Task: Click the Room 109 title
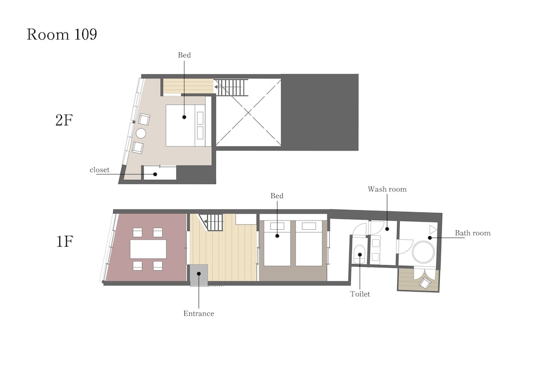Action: (62, 34)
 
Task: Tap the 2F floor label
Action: (64, 120)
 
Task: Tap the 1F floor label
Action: (65, 241)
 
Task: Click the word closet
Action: (100, 170)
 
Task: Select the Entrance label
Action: (199, 313)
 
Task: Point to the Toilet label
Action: (360, 294)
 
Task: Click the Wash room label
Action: (387, 189)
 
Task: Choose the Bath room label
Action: (473, 233)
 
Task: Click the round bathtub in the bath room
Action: (423, 252)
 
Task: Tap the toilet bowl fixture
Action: (360, 255)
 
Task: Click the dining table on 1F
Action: (148, 249)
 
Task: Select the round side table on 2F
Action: (141, 133)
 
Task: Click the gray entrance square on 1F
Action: (199, 275)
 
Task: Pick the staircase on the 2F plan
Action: (231, 87)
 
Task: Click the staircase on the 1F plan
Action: (212, 222)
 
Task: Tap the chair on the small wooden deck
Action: (425, 284)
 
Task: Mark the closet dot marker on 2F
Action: (156, 174)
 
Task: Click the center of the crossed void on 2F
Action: (249, 112)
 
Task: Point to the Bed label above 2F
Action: (184, 55)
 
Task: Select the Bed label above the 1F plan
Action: (277, 196)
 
